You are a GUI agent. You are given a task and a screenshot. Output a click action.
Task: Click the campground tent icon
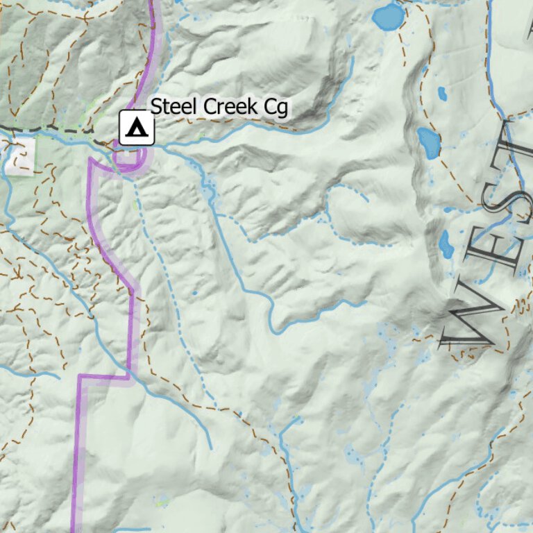(x=137, y=128)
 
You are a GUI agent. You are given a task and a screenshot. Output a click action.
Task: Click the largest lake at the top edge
(x=389, y=17)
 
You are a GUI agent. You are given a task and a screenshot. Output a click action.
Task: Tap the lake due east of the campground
(x=429, y=142)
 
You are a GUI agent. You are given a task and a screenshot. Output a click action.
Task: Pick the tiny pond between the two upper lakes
(x=441, y=92)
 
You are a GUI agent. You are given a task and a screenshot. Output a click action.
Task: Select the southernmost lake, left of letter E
(x=445, y=244)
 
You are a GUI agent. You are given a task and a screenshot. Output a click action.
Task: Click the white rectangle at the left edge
(x=21, y=154)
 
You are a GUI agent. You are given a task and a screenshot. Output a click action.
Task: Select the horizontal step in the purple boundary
(x=104, y=377)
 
